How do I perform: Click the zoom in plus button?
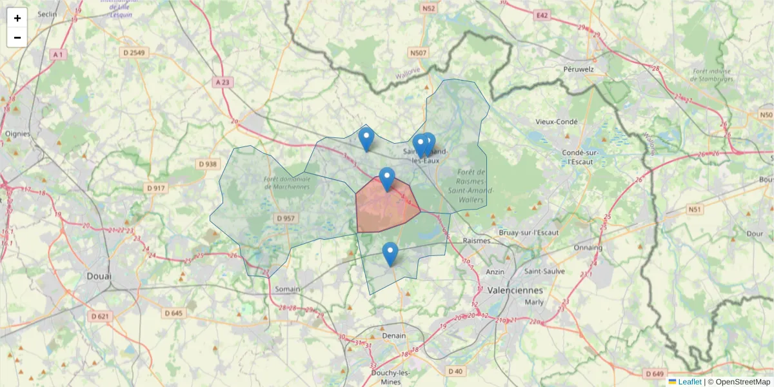[17, 18]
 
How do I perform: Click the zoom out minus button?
[17, 37]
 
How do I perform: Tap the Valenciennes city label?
[515, 290]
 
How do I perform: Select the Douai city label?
[99, 276]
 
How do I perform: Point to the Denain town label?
[393, 335]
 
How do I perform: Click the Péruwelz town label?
[578, 68]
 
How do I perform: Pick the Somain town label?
[287, 289]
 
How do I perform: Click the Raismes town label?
[478, 241]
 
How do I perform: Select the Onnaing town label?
[588, 247]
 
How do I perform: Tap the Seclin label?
[48, 14]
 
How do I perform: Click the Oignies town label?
[17, 134]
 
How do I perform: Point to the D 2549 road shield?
[134, 52]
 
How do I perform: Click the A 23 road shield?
[223, 82]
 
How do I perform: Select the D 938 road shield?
[207, 164]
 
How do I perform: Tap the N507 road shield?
[418, 52]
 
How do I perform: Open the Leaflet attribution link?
[689, 382]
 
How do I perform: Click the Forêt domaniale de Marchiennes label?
[287, 183]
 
